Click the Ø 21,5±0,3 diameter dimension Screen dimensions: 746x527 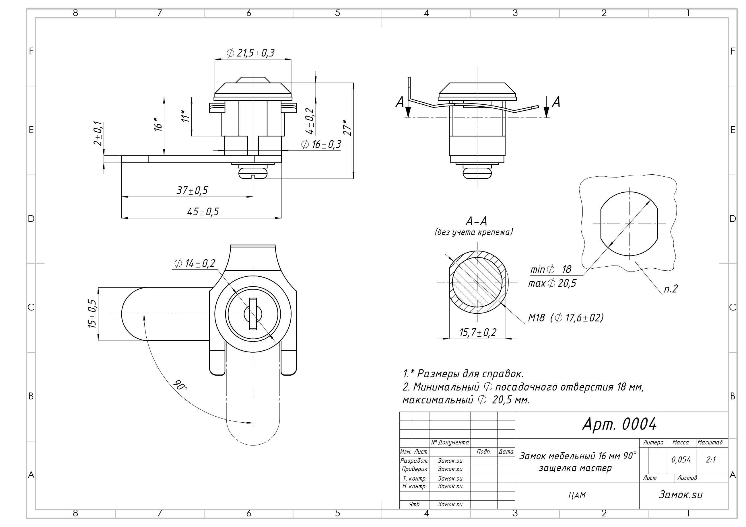pos(250,52)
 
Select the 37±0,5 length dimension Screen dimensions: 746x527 pos(192,190)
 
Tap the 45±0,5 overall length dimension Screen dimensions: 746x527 pos(203,212)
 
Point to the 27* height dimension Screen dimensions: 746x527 pos(347,128)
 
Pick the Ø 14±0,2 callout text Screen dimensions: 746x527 pos(195,263)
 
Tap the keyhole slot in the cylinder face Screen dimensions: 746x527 pos(253,314)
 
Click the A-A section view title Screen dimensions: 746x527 pos(476,221)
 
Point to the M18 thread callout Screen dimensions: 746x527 pos(565,318)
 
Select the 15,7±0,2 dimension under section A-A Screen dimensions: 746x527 pos(478,333)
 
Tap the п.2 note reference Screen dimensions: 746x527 pos(670,289)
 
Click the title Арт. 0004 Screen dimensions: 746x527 pos(619,424)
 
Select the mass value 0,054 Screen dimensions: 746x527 pos(681,460)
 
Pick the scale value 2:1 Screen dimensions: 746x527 pos(711,460)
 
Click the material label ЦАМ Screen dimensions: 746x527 pos(577,495)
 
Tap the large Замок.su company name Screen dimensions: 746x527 pos(681,495)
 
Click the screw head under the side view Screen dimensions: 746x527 pos(253,173)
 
